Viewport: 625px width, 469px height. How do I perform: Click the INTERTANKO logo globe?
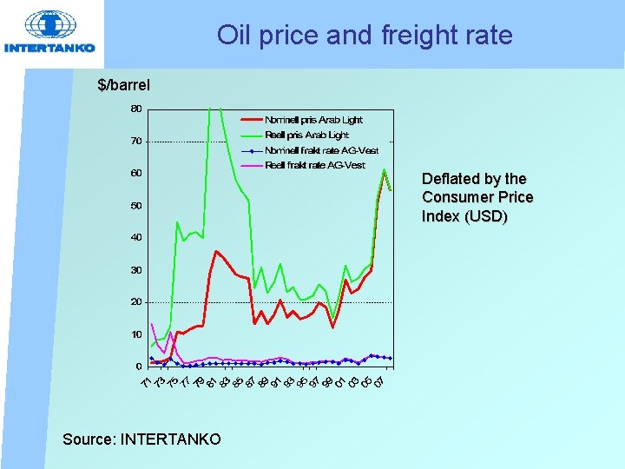[49, 25]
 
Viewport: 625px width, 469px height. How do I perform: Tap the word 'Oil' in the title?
[234, 36]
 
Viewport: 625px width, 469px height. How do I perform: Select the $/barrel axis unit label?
[124, 85]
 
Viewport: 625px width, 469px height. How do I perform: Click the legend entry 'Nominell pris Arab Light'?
[313, 120]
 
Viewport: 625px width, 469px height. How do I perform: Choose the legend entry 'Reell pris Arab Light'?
[306, 135]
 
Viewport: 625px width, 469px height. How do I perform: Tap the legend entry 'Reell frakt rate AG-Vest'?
[314, 165]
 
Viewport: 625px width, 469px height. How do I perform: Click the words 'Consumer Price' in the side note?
[477, 197]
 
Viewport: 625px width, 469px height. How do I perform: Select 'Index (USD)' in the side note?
[464, 216]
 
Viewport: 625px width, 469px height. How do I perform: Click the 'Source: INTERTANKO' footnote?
[141, 439]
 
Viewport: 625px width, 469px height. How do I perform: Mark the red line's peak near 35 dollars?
[216, 251]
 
